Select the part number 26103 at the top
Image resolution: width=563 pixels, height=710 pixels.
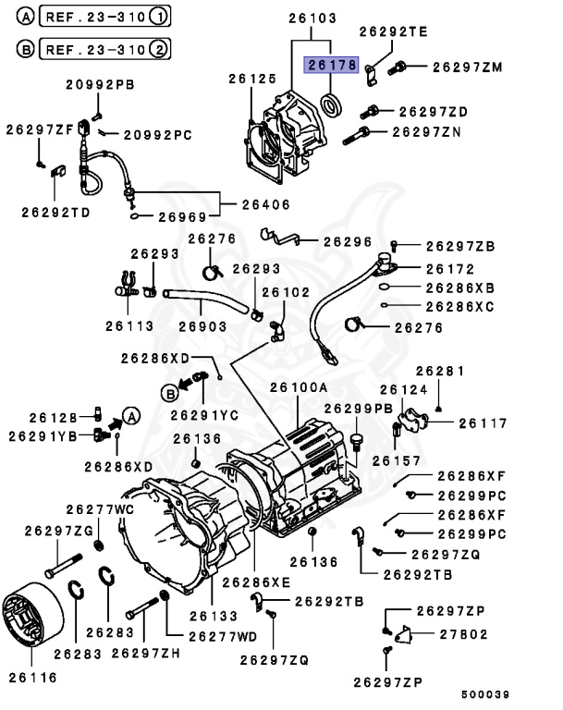[x=313, y=18]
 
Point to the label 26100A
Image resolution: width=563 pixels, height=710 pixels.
[x=299, y=388]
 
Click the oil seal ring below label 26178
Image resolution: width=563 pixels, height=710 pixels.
[x=330, y=102]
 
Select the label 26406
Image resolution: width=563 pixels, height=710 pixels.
[x=268, y=204]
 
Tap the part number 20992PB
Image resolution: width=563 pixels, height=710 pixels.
[x=100, y=85]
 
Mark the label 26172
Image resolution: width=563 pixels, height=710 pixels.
[x=449, y=269]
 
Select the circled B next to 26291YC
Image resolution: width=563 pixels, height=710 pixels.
[x=169, y=393]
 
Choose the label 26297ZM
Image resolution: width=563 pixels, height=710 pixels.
[x=467, y=67]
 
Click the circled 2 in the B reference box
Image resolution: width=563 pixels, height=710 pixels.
[x=160, y=48]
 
